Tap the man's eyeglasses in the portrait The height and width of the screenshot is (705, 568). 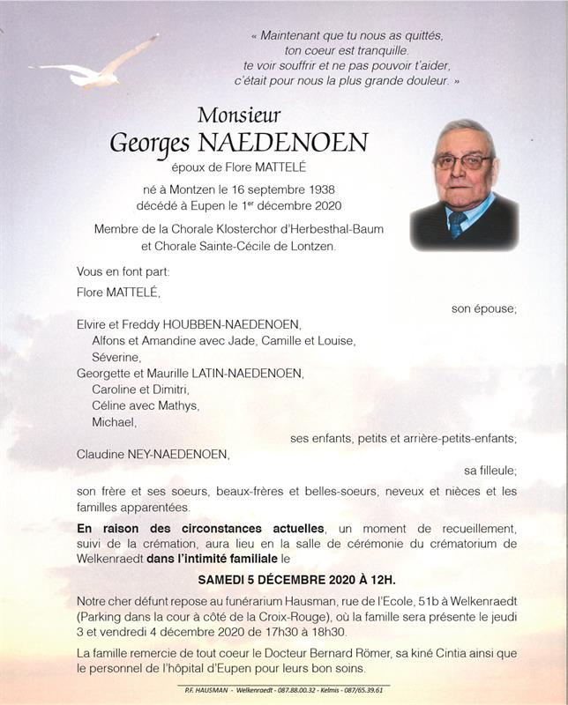click(x=463, y=161)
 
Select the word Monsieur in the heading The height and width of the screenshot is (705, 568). click(x=239, y=115)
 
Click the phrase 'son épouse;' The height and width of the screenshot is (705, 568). click(x=484, y=308)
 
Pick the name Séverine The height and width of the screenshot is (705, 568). click(x=116, y=357)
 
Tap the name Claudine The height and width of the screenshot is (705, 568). click(x=104, y=455)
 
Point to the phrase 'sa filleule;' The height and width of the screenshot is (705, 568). click(x=490, y=471)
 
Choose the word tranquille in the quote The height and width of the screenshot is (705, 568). click(x=386, y=51)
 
